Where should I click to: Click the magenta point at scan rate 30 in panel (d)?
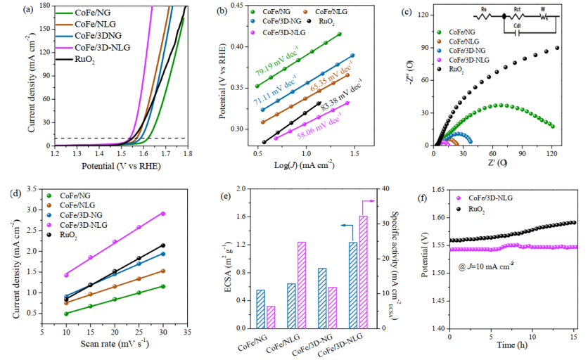163,213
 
